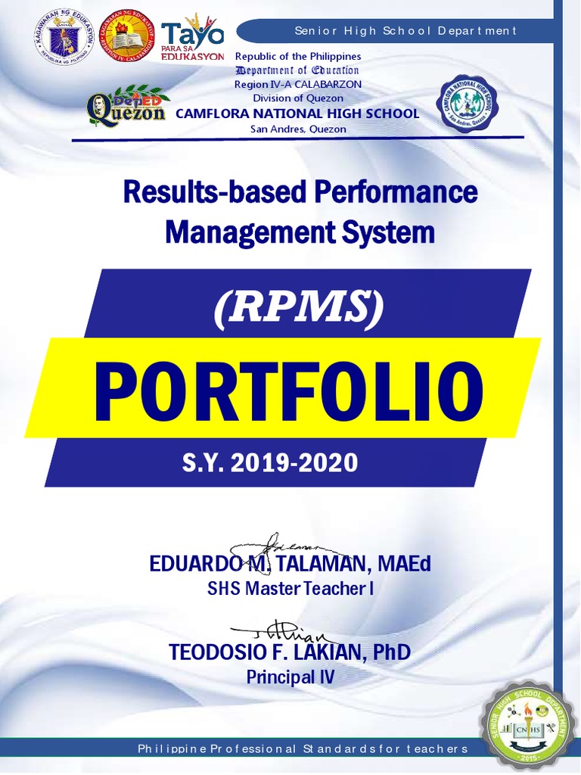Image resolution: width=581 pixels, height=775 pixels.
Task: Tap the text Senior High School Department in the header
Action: [405, 31]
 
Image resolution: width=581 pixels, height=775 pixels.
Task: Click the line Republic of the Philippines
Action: [298, 57]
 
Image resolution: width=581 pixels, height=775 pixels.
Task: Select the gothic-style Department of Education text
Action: [297, 70]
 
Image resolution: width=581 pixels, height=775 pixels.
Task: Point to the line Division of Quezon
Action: [298, 98]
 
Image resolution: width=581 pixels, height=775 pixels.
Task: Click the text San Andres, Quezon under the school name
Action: [298, 129]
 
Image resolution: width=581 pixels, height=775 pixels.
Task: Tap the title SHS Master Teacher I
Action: [291, 589]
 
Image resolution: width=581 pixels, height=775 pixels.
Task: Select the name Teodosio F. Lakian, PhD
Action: [291, 652]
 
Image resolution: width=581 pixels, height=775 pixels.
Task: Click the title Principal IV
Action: [290, 677]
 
